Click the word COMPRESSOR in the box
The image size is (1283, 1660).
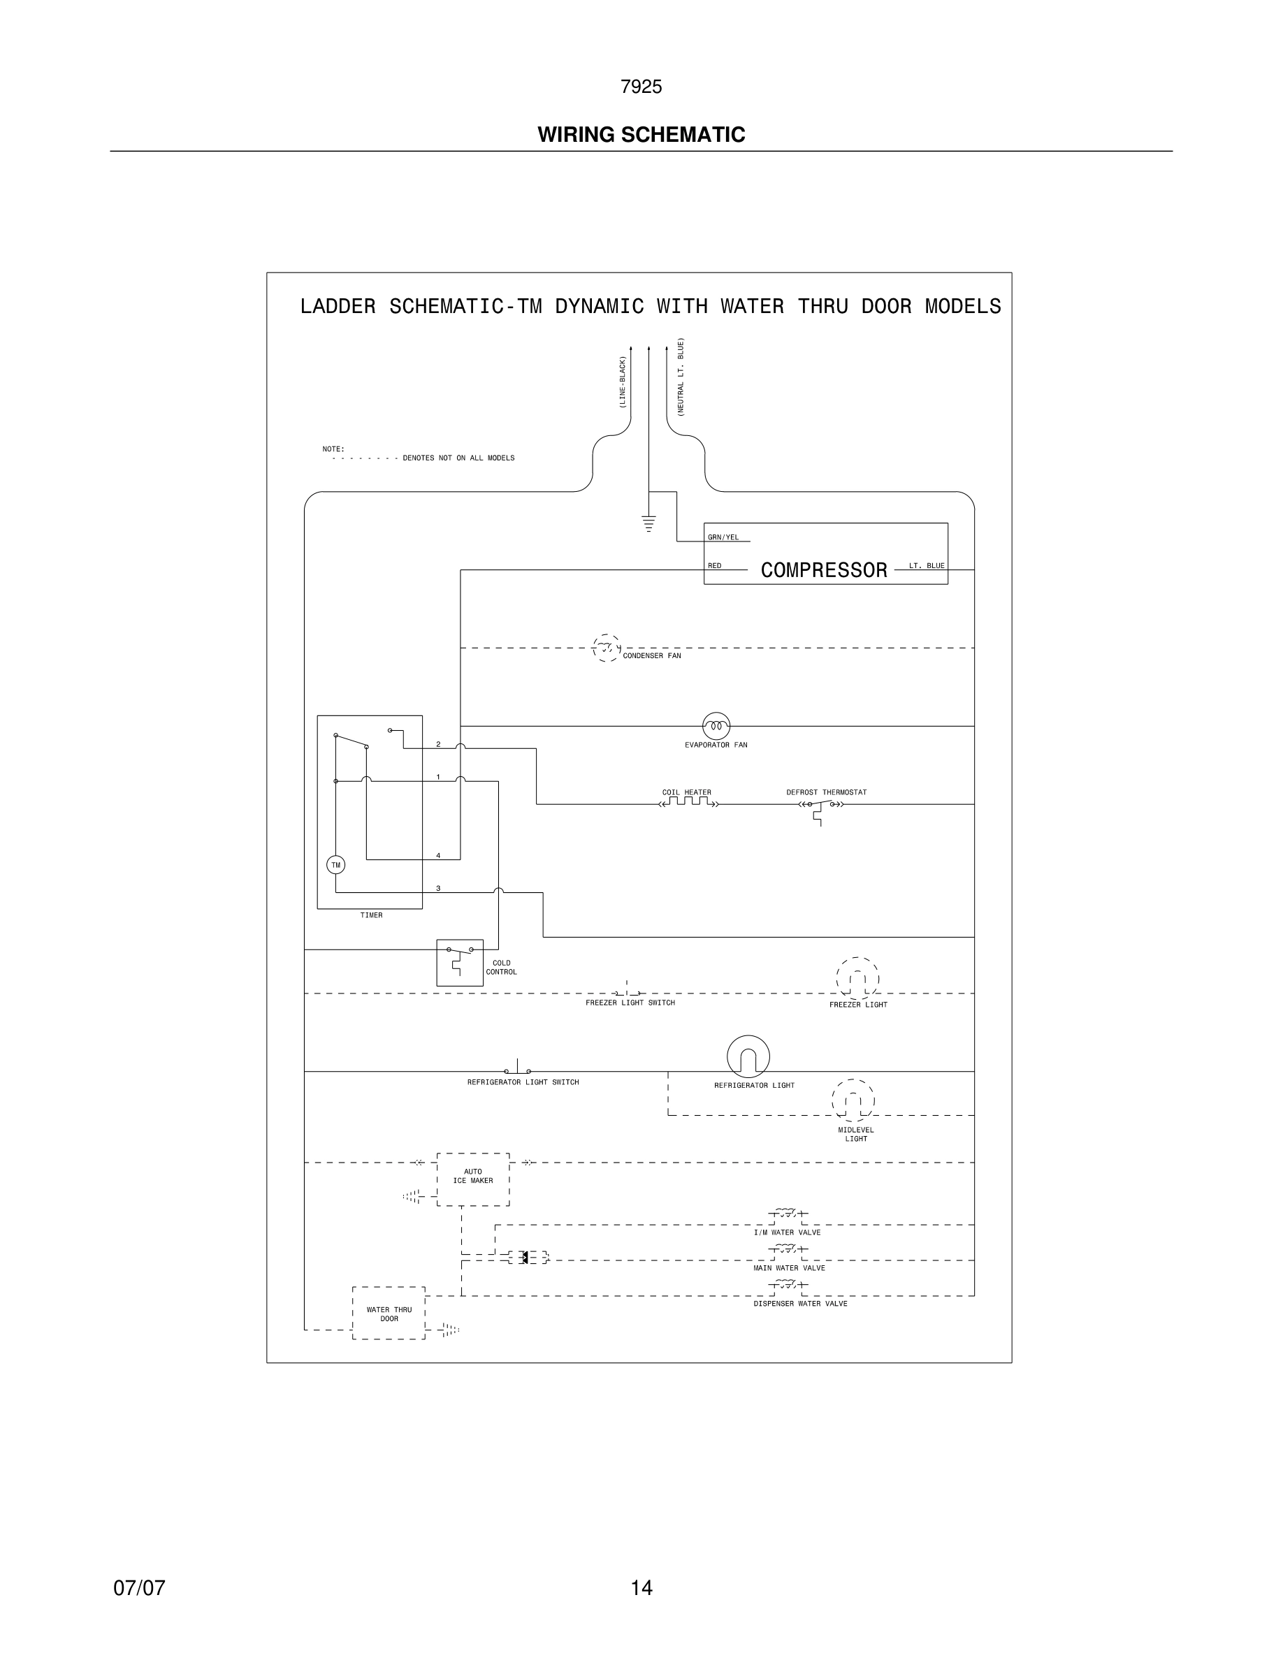coord(824,570)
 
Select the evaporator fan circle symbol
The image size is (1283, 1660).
coord(716,726)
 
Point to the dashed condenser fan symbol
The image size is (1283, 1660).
coord(606,648)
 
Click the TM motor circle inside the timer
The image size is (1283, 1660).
coord(335,865)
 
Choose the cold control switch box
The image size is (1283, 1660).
coord(459,962)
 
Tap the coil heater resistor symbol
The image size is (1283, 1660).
coord(688,802)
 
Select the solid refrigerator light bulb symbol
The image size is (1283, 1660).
coord(748,1056)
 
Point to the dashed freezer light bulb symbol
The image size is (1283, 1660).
coord(857,979)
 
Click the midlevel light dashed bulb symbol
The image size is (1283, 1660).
coord(853,1100)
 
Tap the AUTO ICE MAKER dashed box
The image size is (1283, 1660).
coord(473,1179)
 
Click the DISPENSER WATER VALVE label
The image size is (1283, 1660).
coord(800,1304)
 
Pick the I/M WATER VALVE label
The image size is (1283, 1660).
coord(787,1232)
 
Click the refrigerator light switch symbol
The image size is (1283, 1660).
coord(518,1069)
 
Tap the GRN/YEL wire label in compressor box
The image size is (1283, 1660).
coord(723,537)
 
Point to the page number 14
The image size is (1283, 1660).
coord(641,1588)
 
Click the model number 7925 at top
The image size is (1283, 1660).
coord(641,87)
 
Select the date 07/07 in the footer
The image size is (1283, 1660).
coord(139,1588)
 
